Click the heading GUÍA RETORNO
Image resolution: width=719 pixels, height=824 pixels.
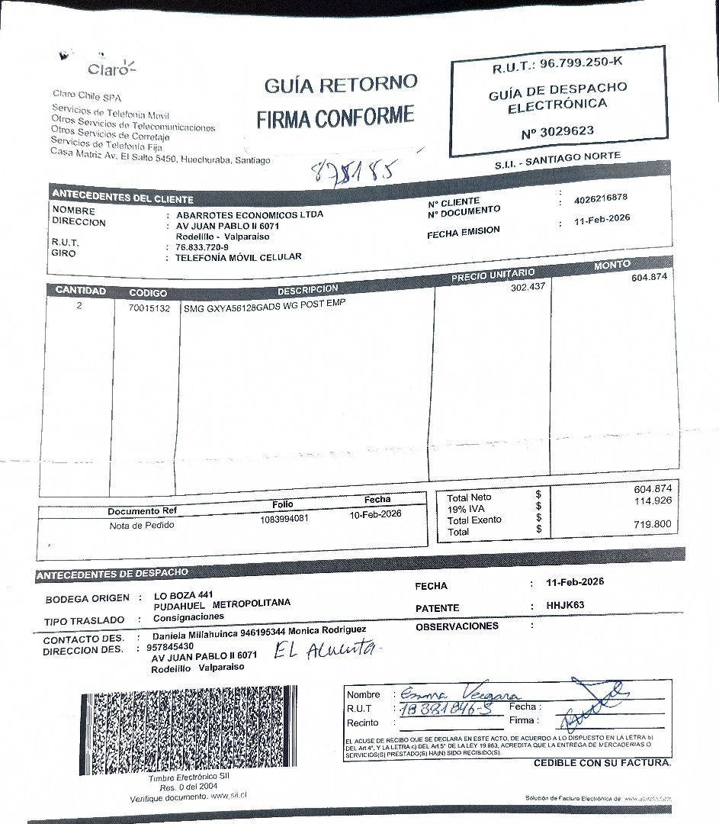pyautogui.click(x=341, y=85)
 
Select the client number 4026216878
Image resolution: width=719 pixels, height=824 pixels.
pyautogui.click(x=601, y=198)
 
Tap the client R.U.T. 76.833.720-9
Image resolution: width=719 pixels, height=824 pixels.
pyautogui.click(x=201, y=247)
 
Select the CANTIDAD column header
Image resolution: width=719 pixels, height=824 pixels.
pyautogui.click(x=80, y=291)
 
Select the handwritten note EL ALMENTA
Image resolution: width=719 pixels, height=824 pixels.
pyautogui.click(x=324, y=651)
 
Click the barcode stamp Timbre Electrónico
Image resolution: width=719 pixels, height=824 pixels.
pyautogui.click(x=188, y=731)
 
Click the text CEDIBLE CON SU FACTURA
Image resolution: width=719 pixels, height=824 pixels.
pyautogui.click(x=602, y=763)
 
